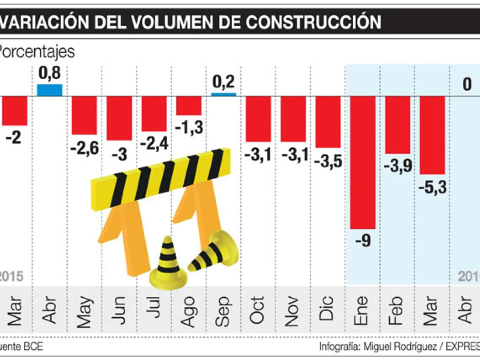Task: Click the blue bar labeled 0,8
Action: click(x=49, y=90)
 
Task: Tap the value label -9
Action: click(x=363, y=240)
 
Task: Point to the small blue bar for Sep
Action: click(x=223, y=94)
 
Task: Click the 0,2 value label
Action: click(x=223, y=82)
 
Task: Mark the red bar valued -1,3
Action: click(x=189, y=105)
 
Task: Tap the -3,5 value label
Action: click(x=328, y=161)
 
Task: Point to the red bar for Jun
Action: click(x=119, y=118)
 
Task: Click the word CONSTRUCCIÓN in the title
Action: click(x=313, y=22)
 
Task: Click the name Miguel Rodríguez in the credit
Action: click(x=400, y=346)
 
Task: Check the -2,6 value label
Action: click(x=85, y=148)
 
